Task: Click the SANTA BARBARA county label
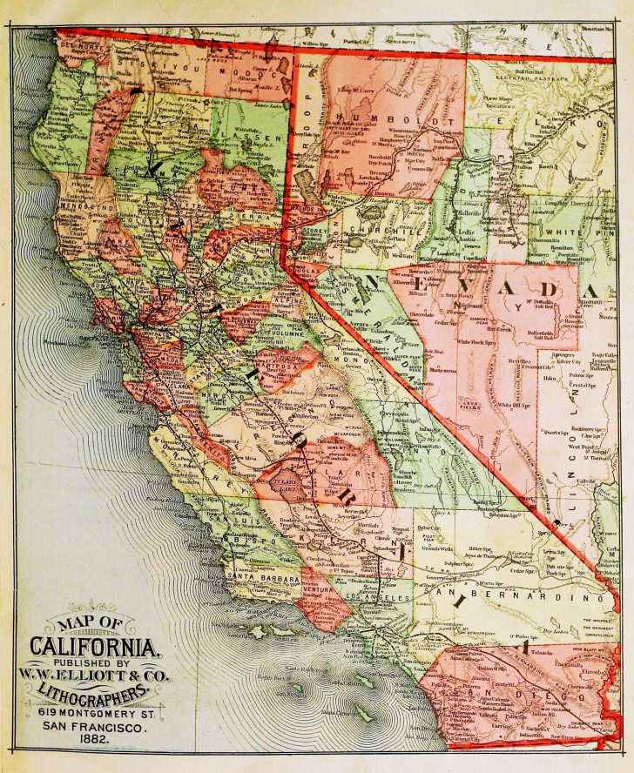(x=263, y=577)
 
